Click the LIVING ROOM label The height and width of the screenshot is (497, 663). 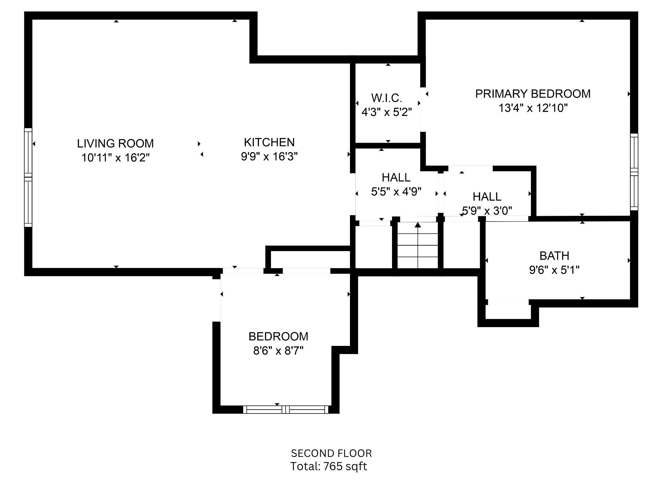pyautogui.click(x=115, y=143)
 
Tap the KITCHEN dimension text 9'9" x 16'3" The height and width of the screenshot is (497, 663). pyautogui.click(x=269, y=157)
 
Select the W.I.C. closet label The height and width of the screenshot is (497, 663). pyautogui.click(x=387, y=98)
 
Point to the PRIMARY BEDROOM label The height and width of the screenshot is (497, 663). pyautogui.click(x=533, y=94)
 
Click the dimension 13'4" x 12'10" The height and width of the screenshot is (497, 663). pyautogui.click(x=533, y=108)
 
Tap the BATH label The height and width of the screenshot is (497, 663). pyautogui.click(x=554, y=256)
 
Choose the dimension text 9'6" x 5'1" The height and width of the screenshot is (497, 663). pyautogui.click(x=554, y=270)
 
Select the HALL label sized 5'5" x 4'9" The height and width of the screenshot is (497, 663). pyautogui.click(x=396, y=177)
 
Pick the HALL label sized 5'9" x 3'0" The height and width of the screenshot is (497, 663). pyautogui.click(x=487, y=196)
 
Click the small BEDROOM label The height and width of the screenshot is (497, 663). pyautogui.click(x=278, y=337)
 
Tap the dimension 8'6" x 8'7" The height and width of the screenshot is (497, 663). pyautogui.click(x=278, y=351)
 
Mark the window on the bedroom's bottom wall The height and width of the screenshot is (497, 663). pyautogui.click(x=286, y=410)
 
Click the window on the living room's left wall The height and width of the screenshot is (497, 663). pyautogui.click(x=28, y=177)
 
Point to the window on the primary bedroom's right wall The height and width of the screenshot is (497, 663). pyautogui.click(x=634, y=171)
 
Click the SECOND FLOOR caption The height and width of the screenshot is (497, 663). pyautogui.click(x=331, y=453)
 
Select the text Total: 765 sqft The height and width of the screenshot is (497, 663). pyautogui.click(x=328, y=467)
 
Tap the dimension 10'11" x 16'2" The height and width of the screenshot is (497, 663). pyautogui.click(x=115, y=158)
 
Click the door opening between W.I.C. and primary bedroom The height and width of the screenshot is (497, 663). pyautogui.click(x=423, y=109)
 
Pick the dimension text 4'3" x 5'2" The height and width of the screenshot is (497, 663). pyautogui.click(x=387, y=112)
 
